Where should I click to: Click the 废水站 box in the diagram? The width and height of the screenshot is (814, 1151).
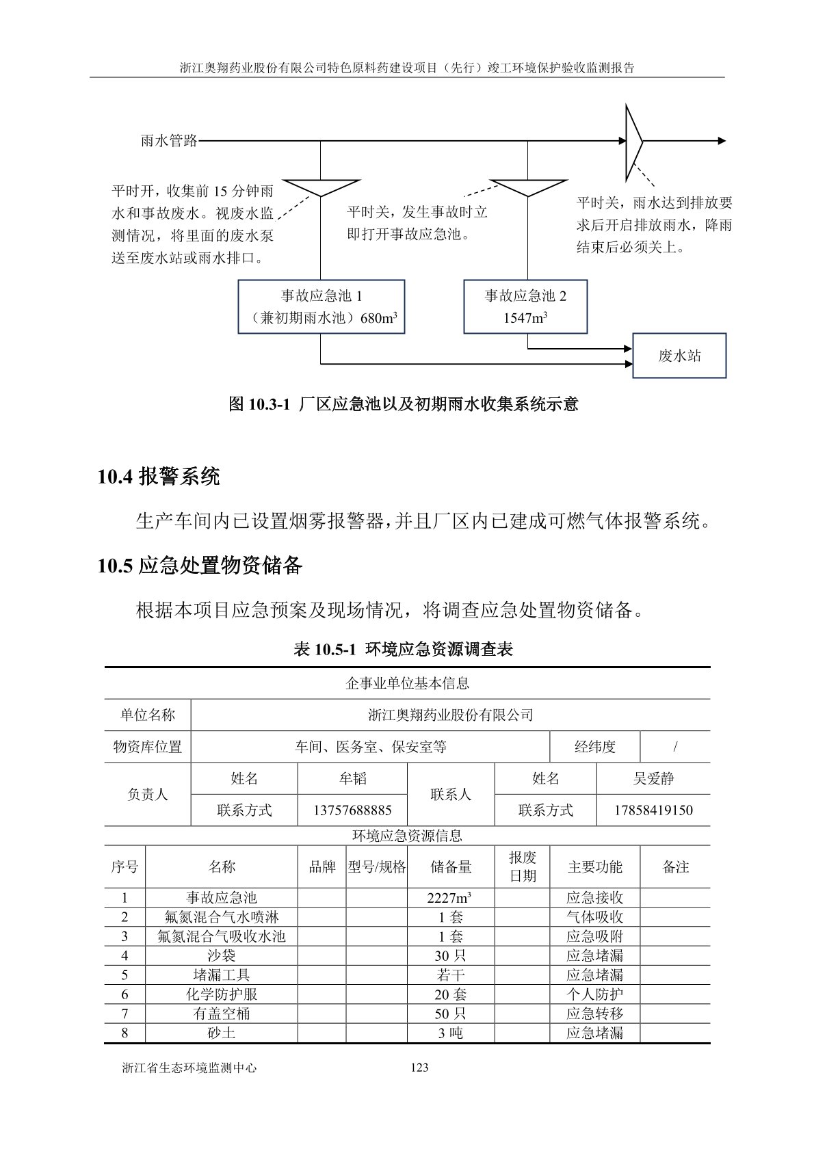coord(679,356)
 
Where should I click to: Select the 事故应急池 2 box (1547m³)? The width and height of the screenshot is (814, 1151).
coord(525,306)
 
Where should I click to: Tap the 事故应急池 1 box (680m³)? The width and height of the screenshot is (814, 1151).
coord(321,306)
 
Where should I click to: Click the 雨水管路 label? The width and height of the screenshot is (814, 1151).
coord(169,141)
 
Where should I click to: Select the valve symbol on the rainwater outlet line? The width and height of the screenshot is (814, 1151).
coord(633,141)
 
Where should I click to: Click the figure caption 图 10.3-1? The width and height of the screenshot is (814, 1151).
coord(404,404)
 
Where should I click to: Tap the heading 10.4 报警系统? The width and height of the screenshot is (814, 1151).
coord(159,477)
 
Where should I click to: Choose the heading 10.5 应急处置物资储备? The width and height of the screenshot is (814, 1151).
coord(200,566)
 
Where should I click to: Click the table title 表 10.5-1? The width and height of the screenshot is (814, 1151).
coord(403,649)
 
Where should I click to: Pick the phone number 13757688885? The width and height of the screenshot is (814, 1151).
coord(352,810)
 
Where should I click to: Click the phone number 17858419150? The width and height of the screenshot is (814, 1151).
coord(653,810)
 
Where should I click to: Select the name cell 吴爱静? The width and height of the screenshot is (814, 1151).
coord(653,778)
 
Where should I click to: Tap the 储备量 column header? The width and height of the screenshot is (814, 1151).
coord(451,866)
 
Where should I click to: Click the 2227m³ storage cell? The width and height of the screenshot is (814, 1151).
coord(451,898)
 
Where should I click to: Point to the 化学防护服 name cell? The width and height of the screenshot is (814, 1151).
coord(222,994)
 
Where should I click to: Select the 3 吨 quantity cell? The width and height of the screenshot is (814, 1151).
coord(451,1033)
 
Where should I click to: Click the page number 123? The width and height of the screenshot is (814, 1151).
coord(419,1068)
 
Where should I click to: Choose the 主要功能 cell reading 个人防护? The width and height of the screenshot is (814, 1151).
coord(594,994)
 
